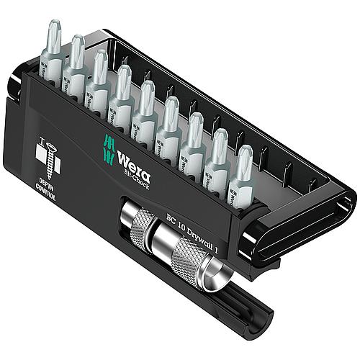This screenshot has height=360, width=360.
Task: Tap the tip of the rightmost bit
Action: [x=244, y=156]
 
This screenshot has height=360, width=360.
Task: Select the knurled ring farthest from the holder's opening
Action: [x=137, y=220]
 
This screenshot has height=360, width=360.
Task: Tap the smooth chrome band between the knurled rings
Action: [x=163, y=238]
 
